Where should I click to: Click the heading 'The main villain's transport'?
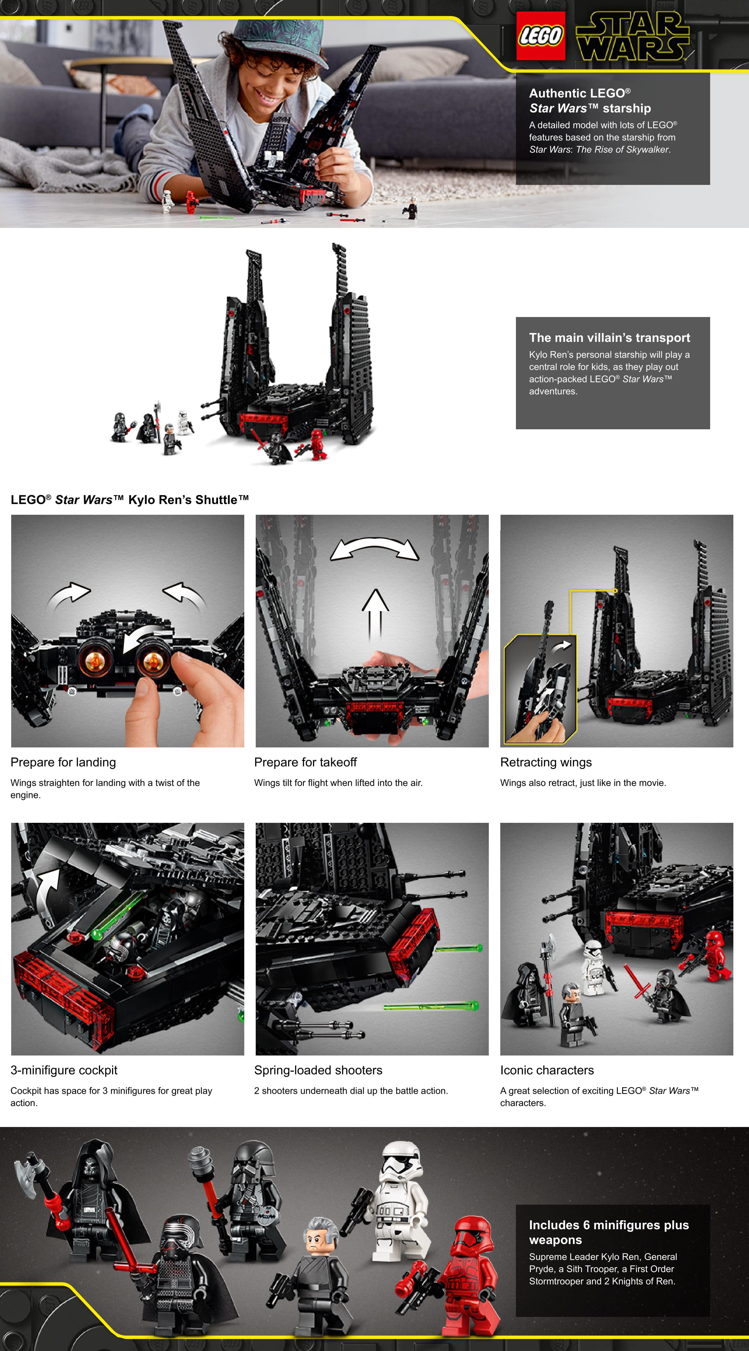point(609,338)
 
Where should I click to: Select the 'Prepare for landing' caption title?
point(63,762)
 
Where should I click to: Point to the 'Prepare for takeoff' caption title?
point(305,762)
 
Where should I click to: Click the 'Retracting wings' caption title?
point(546,762)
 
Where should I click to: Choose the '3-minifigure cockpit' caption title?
point(64,1070)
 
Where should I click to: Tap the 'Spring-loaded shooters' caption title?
point(318,1070)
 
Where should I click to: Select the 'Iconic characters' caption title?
point(547,1070)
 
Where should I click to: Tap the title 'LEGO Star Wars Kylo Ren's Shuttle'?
point(130,500)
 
